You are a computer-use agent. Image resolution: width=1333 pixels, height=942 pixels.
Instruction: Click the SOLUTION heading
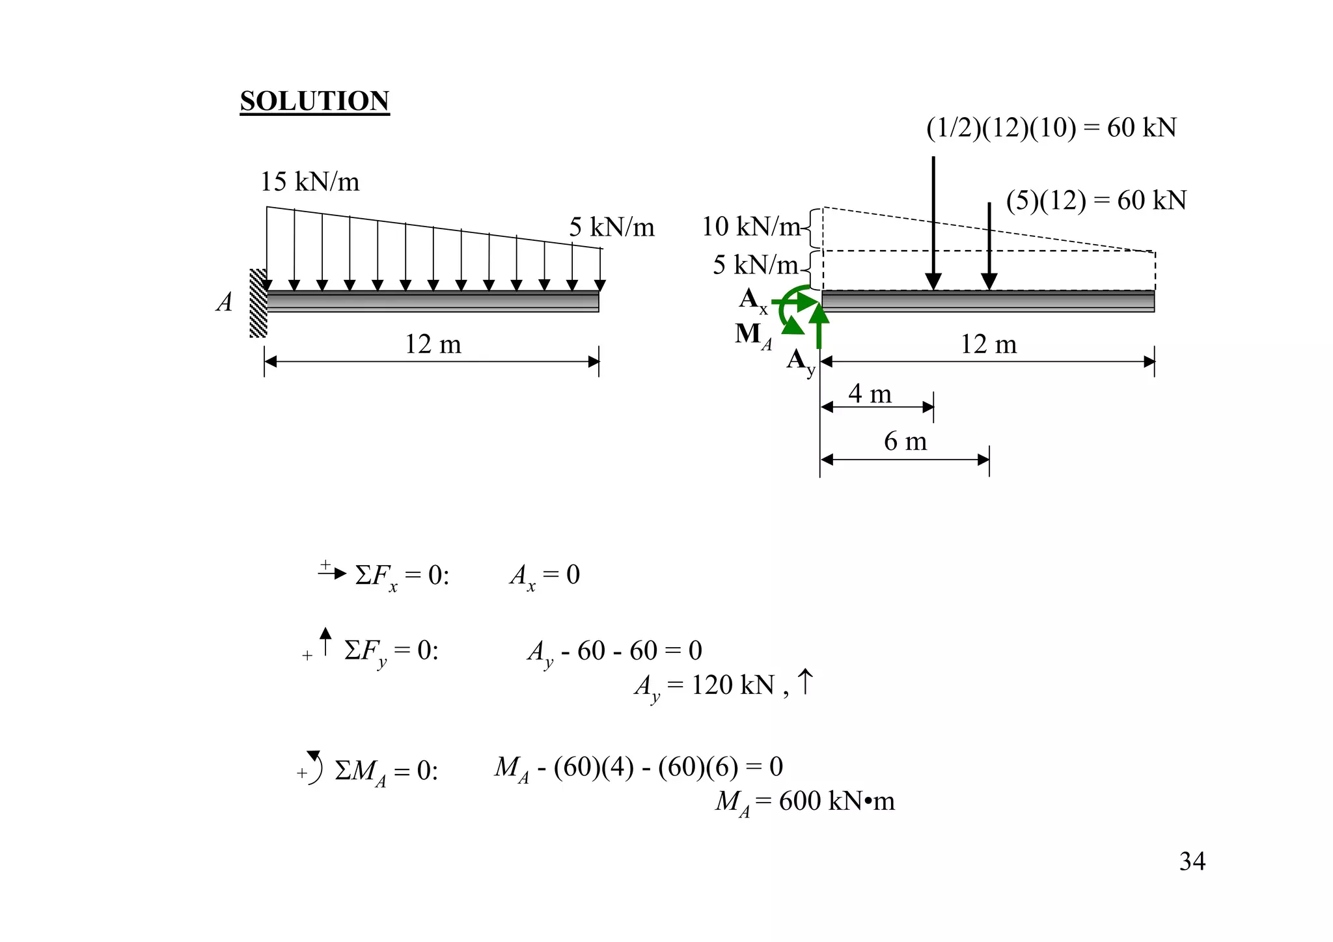(314, 102)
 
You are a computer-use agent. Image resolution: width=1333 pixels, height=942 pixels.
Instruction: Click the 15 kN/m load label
(309, 182)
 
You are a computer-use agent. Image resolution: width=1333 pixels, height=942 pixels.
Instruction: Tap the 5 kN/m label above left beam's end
(611, 227)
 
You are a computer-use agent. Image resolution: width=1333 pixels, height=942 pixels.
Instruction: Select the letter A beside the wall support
(224, 303)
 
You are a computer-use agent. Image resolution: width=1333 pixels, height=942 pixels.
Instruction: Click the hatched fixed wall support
(258, 303)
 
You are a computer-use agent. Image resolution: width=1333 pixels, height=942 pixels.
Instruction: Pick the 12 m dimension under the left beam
(433, 344)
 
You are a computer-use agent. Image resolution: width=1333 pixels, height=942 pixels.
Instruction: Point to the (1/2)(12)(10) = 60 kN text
(1051, 128)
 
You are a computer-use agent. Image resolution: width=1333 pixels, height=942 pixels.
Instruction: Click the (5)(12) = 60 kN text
(1096, 201)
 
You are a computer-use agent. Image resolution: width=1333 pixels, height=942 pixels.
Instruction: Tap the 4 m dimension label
(870, 394)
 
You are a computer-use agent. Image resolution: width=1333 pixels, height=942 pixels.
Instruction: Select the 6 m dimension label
(905, 441)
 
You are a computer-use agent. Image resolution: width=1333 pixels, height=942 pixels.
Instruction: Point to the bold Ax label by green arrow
(752, 300)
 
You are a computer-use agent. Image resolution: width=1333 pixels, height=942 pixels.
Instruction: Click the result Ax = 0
(544, 575)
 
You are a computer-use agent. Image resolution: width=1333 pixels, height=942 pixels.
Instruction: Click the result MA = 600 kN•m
(804, 801)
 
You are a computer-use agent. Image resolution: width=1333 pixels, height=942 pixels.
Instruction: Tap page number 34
(1192, 861)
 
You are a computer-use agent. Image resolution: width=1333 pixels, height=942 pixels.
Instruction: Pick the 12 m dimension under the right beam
(988, 344)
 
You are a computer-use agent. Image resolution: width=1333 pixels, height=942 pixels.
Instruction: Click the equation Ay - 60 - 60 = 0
(614, 651)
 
